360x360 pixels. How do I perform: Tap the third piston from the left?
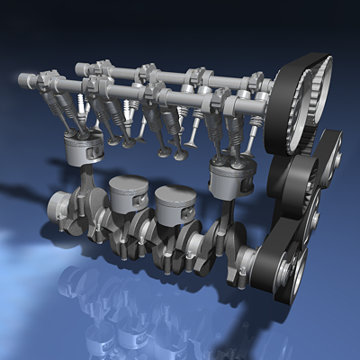pyautogui.click(x=175, y=206)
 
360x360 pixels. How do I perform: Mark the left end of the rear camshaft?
pyautogui.click(x=80, y=67)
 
